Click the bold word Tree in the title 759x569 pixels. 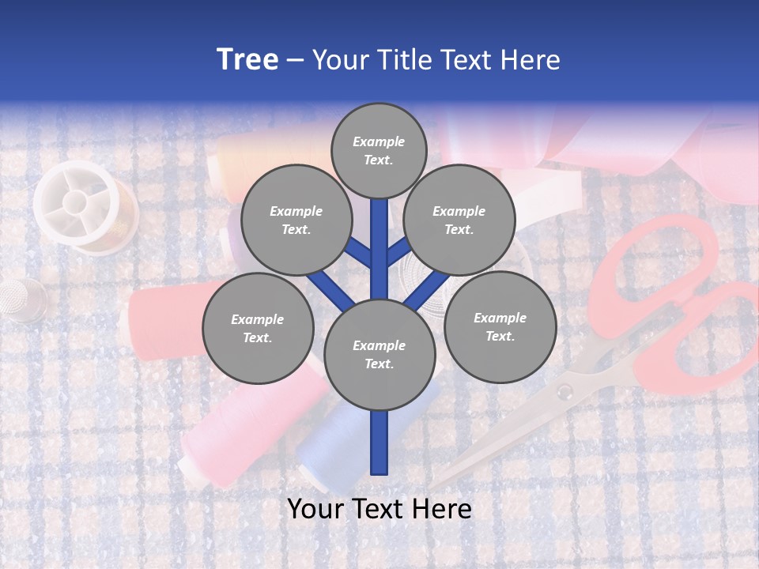(247, 60)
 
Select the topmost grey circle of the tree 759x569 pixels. (379, 150)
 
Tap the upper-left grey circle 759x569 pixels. (296, 220)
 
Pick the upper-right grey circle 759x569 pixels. (459, 220)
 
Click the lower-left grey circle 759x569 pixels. (258, 328)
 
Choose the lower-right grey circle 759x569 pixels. (500, 326)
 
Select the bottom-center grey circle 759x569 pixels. (379, 354)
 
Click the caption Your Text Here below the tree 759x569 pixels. (379, 510)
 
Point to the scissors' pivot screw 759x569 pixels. (564, 391)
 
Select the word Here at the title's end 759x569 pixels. (530, 60)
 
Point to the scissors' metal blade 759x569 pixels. (506, 435)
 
